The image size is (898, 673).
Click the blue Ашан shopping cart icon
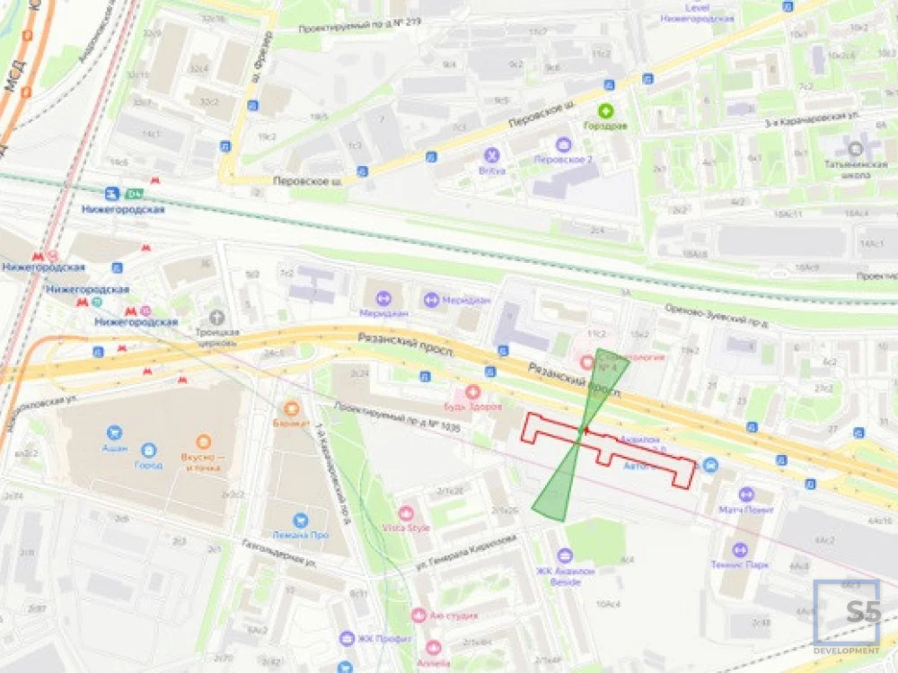click(x=114, y=433)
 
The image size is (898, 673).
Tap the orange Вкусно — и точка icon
click(x=204, y=441)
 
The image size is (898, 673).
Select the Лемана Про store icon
click(x=299, y=520)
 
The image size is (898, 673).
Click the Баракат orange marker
click(x=291, y=408)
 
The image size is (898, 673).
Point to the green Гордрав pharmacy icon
click(x=607, y=112)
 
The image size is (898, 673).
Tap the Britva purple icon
click(x=490, y=154)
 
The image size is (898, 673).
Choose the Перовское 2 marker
click(x=563, y=144)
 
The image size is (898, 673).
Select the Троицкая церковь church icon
click(x=216, y=317)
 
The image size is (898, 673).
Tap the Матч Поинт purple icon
click(x=745, y=494)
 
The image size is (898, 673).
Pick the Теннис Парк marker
click(x=740, y=549)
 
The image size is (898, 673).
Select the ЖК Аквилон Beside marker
click(x=565, y=556)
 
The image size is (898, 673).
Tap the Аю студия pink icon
click(x=418, y=616)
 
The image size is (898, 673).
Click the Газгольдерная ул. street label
click(x=279, y=554)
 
